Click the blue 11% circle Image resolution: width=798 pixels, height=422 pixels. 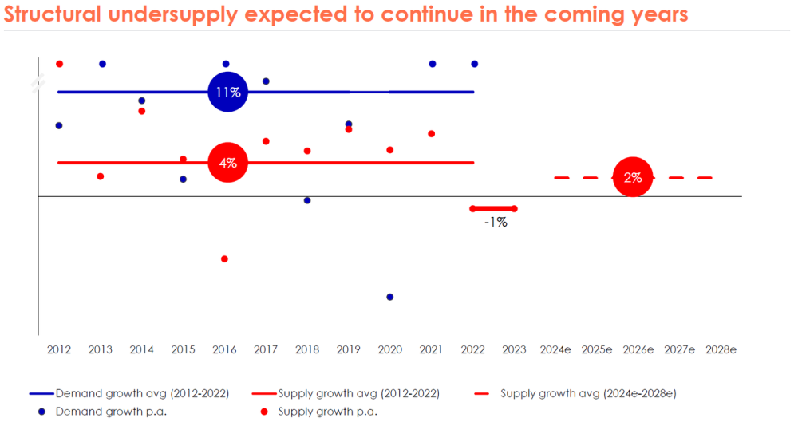click(227, 93)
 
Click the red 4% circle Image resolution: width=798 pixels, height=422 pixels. click(227, 163)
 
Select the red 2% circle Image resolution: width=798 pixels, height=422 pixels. click(633, 178)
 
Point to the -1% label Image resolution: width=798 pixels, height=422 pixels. click(496, 223)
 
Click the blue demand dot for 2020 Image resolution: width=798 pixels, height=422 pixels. click(390, 297)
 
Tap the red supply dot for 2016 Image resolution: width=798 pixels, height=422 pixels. click(224, 259)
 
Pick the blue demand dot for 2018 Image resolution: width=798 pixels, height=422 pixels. click(307, 200)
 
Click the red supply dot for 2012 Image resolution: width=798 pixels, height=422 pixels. click(59, 64)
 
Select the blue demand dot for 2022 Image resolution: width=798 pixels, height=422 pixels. click(475, 64)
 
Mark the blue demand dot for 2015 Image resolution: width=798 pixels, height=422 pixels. click(184, 179)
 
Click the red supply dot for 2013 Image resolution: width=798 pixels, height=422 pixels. click(101, 176)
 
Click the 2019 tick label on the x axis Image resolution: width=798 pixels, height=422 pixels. click(349, 349)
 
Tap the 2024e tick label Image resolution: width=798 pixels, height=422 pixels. click(555, 349)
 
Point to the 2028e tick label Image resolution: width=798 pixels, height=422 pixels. click(721, 349)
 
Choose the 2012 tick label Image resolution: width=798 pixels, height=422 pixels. click(59, 349)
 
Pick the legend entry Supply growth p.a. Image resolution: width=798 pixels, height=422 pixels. click(327, 412)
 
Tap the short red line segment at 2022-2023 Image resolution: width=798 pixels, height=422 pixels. click(493, 209)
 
